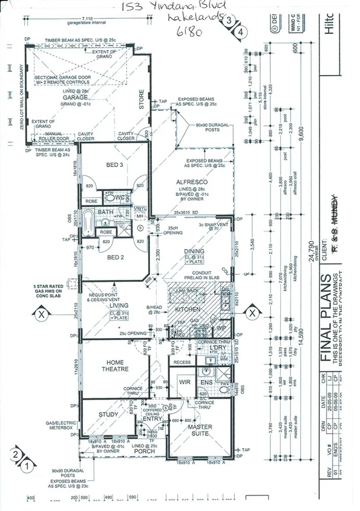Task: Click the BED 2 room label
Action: click(x=115, y=257)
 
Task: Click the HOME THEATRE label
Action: click(x=115, y=365)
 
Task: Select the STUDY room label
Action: click(x=108, y=414)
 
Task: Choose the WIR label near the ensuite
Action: click(x=185, y=382)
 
